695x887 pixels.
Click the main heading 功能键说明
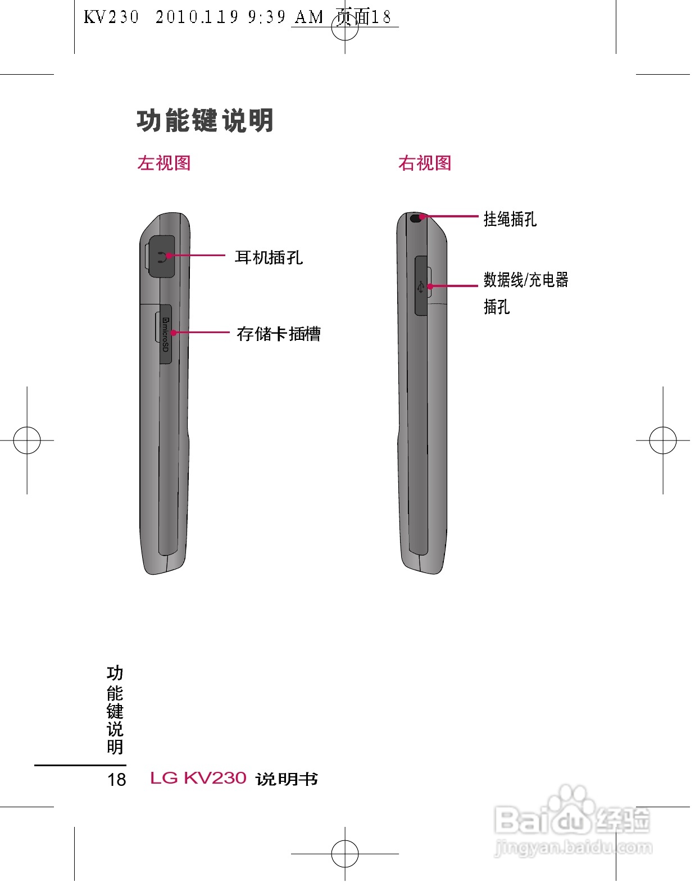(205, 121)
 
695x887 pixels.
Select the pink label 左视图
(164, 163)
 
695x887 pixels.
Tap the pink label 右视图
(425, 163)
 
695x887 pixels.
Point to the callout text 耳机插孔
(269, 258)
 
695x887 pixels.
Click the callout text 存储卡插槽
(279, 334)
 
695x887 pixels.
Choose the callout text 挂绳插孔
(510, 219)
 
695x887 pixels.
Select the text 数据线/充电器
(526, 280)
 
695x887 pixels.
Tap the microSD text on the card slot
(165, 335)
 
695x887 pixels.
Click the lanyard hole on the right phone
(416, 218)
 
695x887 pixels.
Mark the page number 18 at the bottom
(117, 780)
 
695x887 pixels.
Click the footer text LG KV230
(198, 778)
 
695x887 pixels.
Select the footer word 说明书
(287, 779)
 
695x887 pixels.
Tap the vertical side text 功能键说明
(115, 710)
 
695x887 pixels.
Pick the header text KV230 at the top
(111, 17)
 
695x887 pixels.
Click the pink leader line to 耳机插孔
(197, 256)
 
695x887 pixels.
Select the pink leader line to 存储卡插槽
(202, 333)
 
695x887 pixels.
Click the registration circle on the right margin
(663, 440)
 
